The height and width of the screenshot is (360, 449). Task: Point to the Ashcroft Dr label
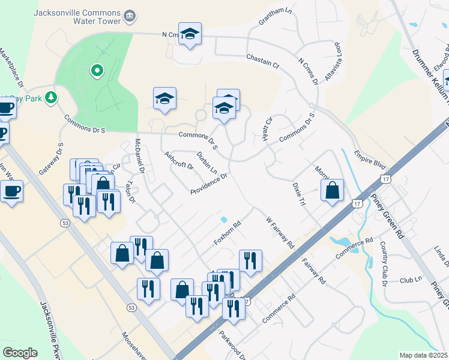coord(178,160)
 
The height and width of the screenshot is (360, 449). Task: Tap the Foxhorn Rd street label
coord(228,234)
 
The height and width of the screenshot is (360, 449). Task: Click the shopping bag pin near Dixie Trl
coord(332,190)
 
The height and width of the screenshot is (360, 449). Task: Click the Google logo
coord(20,353)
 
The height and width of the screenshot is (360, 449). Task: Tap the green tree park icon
coord(52,97)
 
